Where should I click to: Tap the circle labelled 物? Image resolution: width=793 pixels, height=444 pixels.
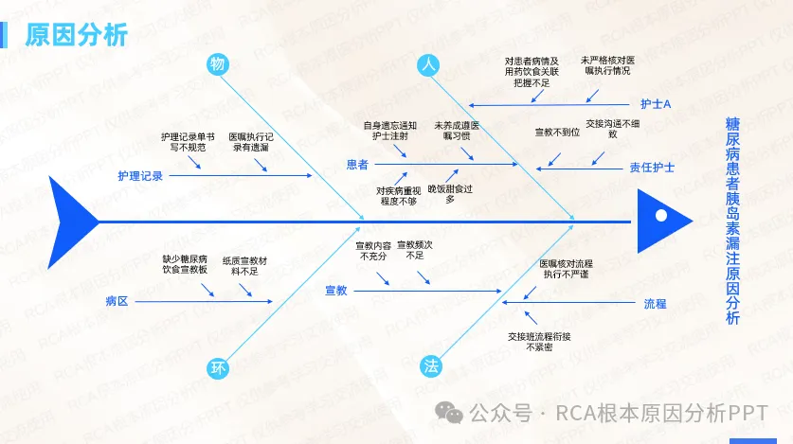217,64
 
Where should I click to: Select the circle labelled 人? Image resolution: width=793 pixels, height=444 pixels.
428,64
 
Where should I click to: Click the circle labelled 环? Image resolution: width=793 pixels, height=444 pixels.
218,367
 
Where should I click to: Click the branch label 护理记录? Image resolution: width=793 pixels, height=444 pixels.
140,176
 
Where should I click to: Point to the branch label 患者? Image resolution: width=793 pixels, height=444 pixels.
357,165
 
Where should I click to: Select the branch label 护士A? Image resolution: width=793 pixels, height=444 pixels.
655,103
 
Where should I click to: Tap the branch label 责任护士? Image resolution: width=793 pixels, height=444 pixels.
652,168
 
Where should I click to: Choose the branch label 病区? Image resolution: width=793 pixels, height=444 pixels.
117,301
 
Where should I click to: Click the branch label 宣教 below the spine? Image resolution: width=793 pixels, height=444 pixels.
336,290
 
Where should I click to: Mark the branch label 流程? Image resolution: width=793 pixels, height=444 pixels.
655,304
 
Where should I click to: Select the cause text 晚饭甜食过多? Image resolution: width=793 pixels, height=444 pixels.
449,194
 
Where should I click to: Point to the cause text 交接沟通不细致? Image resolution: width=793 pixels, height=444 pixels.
612,128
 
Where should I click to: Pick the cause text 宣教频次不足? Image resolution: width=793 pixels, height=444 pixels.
414,250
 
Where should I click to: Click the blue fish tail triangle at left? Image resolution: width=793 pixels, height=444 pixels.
74,222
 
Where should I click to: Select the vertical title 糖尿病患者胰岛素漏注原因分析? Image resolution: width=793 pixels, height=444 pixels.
732,221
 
